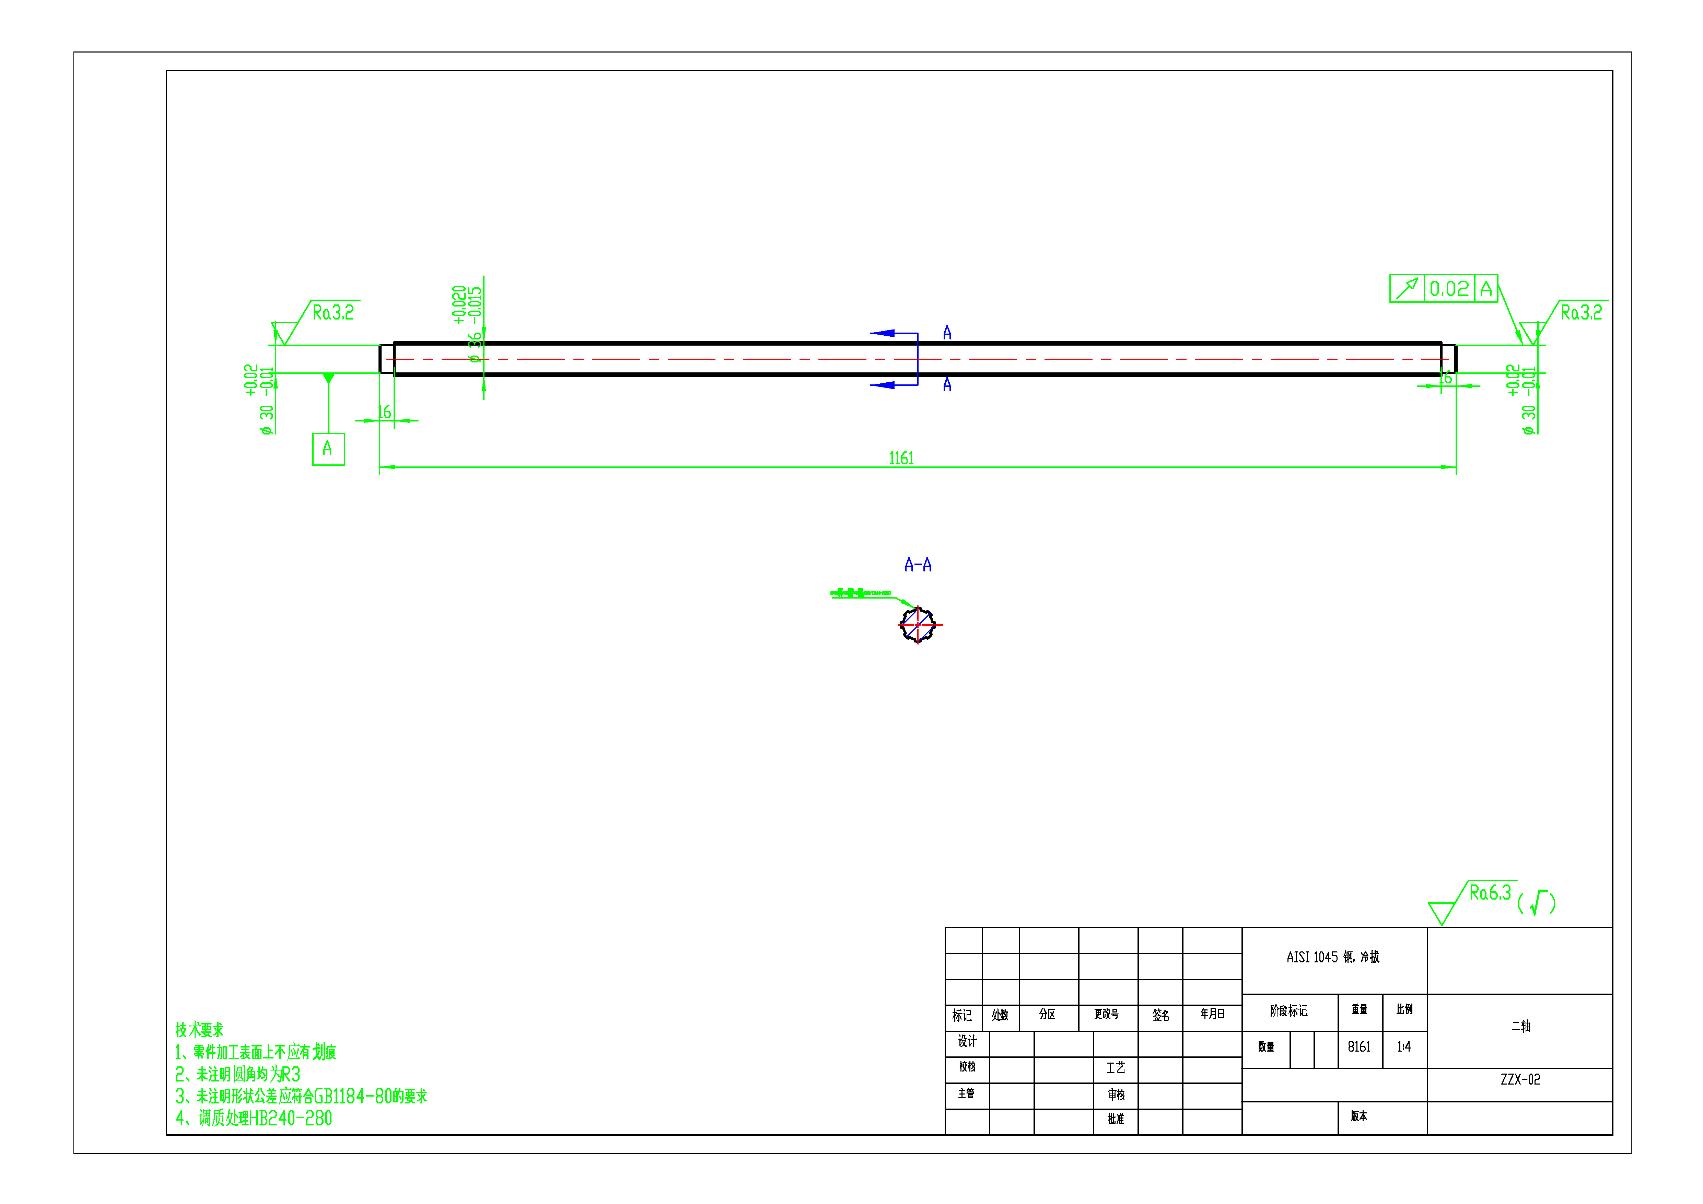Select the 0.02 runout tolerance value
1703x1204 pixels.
click(1449, 289)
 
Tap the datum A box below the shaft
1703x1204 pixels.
click(328, 449)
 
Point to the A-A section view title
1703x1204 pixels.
click(918, 565)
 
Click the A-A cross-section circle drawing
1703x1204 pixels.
click(918, 625)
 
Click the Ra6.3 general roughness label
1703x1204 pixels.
click(1489, 892)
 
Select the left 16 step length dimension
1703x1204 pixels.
click(384, 413)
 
